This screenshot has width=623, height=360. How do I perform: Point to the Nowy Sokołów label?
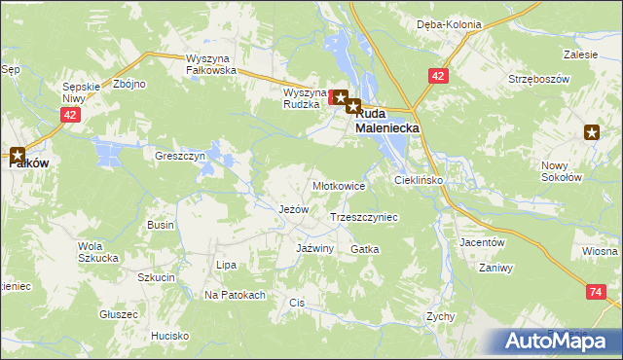pos(561,171)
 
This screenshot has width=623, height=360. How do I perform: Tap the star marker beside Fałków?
pos(18,153)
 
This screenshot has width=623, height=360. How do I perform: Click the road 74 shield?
pos(596,291)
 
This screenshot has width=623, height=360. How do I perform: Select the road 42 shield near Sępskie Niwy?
pos(68,115)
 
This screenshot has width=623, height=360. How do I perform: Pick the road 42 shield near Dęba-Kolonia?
pos(439,75)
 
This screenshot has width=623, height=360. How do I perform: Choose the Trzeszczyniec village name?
pos(365,218)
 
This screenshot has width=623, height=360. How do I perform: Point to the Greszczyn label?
pos(180,155)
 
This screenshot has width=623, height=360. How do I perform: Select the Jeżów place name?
pos(293,209)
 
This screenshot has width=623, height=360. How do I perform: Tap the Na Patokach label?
pos(235,295)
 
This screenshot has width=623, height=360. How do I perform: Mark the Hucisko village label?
pos(169,336)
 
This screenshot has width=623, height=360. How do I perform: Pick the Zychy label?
pos(441,317)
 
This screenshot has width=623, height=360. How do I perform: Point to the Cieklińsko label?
pos(419,181)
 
